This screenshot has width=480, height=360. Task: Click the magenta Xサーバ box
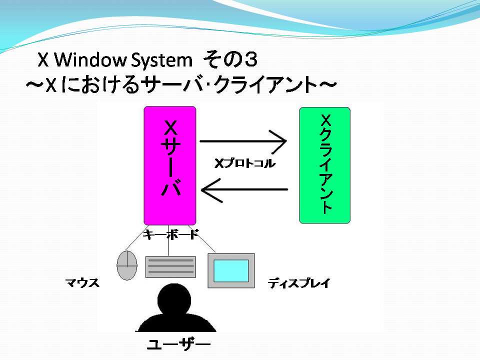click(x=170, y=165)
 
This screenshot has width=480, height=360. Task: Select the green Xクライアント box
click(x=325, y=165)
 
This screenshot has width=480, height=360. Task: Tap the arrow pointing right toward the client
click(x=243, y=141)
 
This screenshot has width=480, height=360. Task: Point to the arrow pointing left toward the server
click(x=244, y=190)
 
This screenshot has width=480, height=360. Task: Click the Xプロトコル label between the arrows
click(x=245, y=163)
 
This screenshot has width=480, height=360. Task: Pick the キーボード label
click(x=171, y=234)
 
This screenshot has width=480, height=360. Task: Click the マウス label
click(x=82, y=282)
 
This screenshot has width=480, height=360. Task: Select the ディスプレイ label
click(x=299, y=283)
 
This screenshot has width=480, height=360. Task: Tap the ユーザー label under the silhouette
click(x=179, y=344)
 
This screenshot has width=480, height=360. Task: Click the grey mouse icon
click(x=127, y=265)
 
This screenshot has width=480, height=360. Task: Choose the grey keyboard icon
click(x=170, y=267)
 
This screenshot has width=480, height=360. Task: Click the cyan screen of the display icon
click(x=231, y=271)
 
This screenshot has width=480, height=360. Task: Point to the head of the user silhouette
click(x=174, y=299)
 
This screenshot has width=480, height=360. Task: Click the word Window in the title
click(x=90, y=59)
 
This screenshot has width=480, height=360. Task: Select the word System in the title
click(x=161, y=60)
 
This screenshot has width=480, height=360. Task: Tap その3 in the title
click(x=230, y=59)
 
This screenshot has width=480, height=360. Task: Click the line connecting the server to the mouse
click(x=137, y=238)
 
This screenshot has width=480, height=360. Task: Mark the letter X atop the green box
click(x=325, y=120)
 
